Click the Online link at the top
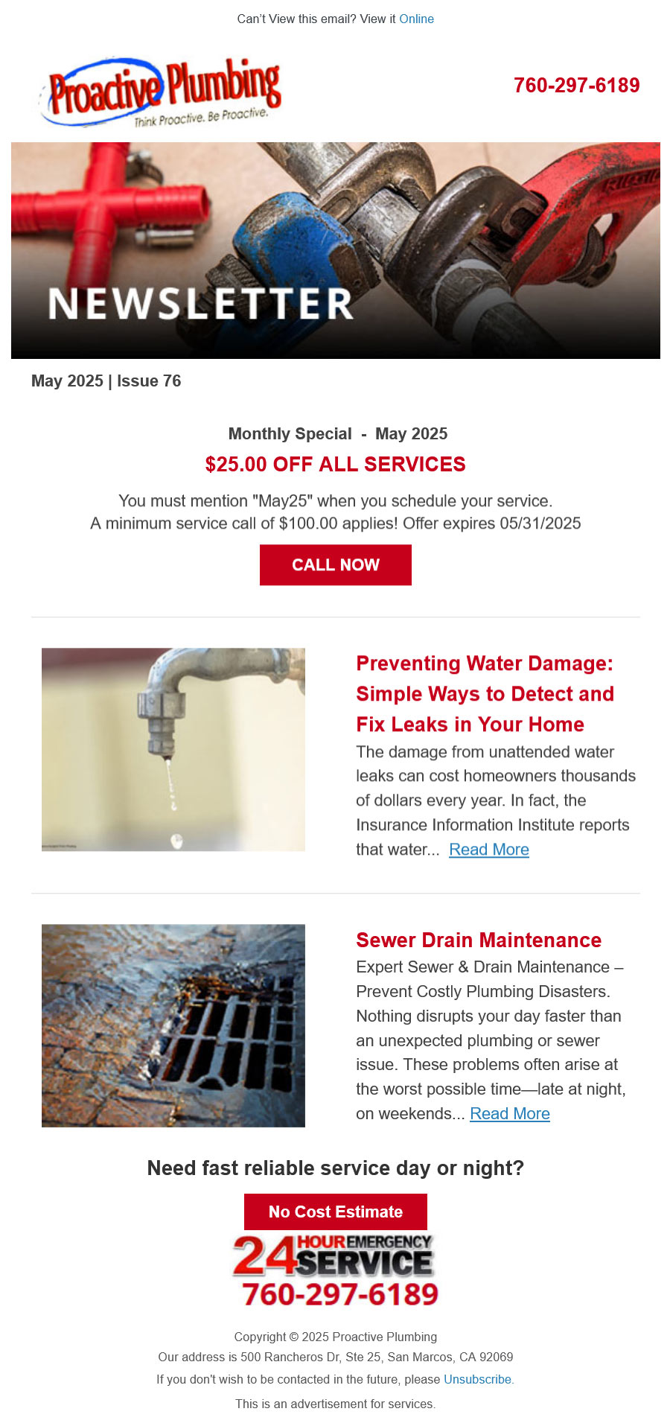click(x=416, y=19)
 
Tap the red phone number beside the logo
click(x=576, y=86)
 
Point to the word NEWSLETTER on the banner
click(x=200, y=303)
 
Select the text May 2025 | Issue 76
click(x=106, y=381)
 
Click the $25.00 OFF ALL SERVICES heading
click(x=335, y=465)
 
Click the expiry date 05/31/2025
click(x=540, y=523)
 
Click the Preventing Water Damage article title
click(x=485, y=693)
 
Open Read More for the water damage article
click(x=489, y=850)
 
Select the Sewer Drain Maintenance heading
click(x=479, y=940)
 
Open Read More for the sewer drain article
click(x=510, y=1114)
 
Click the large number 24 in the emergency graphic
click(x=264, y=1256)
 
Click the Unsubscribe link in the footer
click(x=478, y=1379)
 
